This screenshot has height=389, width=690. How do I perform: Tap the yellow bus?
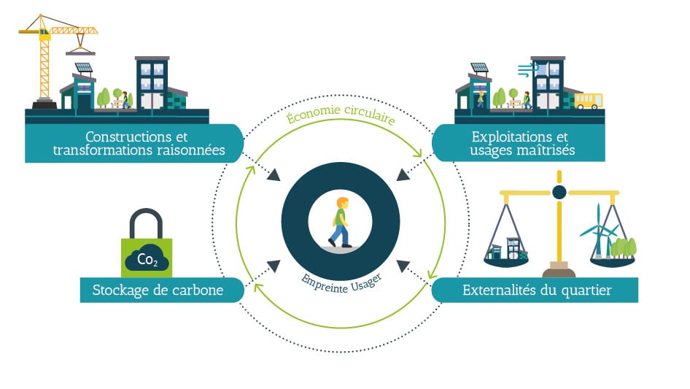click(x=588, y=100)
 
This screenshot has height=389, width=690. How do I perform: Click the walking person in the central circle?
click(x=339, y=222)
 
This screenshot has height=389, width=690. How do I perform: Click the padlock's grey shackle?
click(x=147, y=223)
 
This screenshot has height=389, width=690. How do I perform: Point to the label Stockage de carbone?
click(x=157, y=290)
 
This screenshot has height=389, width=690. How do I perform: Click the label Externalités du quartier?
click(x=537, y=290)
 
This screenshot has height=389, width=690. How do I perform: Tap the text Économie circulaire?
click(x=340, y=118)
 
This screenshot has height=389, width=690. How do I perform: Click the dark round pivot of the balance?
click(x=559, y=192)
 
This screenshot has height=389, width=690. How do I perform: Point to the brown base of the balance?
click(x=559, y=272)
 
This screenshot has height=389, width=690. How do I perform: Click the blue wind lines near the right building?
click(x=526, y=70)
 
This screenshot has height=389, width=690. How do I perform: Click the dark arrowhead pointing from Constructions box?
click(x=274, y=175)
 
